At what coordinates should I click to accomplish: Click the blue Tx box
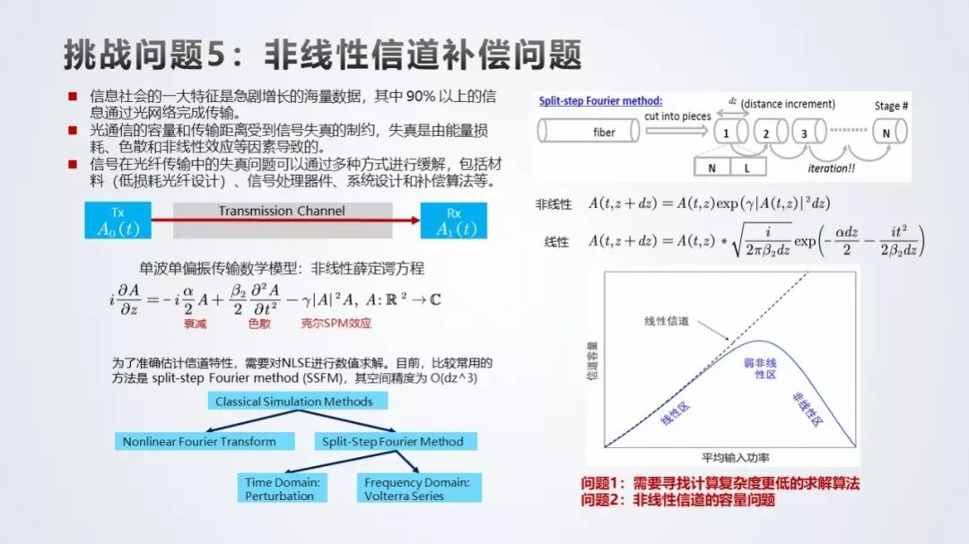click(118, 220)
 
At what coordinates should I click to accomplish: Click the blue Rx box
click(454, 220)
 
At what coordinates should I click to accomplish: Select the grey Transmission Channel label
click(282, 212)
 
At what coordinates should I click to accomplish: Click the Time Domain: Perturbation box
click(283, 488)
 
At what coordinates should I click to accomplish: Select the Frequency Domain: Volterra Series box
click(419, 488)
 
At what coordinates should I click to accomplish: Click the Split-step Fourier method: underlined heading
click(600, 101)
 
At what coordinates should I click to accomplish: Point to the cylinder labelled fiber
click(589, 132)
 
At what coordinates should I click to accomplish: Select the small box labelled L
click(747, 167)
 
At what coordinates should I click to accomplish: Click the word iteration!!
click(831, 168)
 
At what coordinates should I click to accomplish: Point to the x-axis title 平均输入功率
click(736, 458)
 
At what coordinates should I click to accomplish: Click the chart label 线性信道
click(666, 321)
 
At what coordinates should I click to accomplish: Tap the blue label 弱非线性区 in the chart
click(760, 368)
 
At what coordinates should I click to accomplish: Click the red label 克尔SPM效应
click(336, 323)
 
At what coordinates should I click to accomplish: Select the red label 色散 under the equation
click(259, 323)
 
